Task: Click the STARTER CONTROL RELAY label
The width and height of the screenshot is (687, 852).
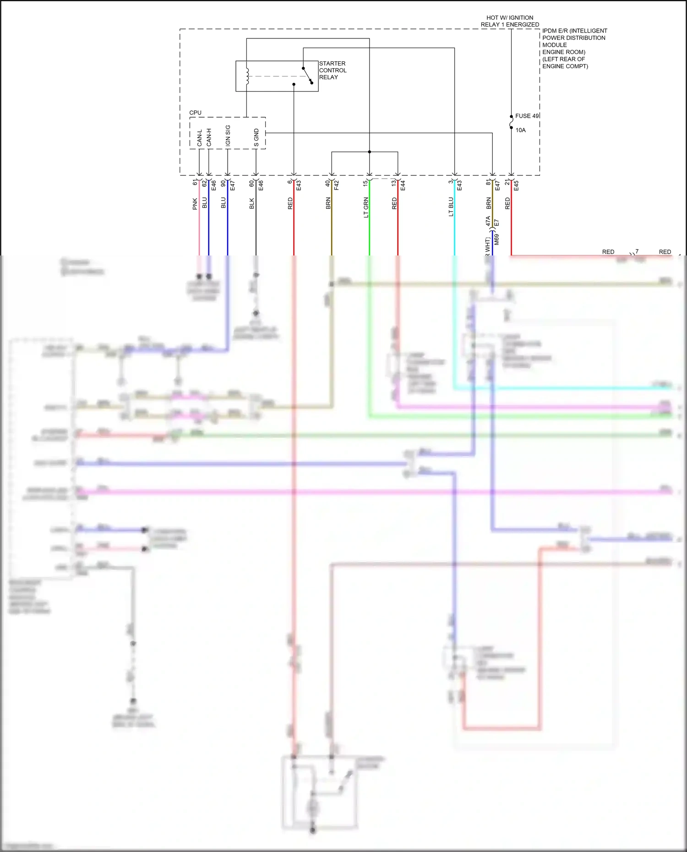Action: (333, 71)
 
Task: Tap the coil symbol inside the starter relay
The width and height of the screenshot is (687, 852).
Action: (247, 76)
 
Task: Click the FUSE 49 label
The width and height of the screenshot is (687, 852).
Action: (527, 116)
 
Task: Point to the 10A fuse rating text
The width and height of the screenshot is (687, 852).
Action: (521, 130)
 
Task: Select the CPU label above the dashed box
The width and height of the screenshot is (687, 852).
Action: (195, 113)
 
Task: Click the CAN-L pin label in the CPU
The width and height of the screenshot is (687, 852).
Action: (200, 138)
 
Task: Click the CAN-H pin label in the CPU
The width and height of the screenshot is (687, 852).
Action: (209, 137)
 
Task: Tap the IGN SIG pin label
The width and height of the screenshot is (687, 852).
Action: (228, 136)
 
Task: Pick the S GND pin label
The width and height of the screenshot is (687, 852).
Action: (256, 138)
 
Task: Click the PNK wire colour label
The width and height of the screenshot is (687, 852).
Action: (195, 204)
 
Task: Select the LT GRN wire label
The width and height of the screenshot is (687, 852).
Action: (366, 207)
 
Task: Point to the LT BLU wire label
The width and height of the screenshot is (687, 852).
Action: (451, 206)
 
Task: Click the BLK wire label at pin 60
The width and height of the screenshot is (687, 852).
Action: (251, 204)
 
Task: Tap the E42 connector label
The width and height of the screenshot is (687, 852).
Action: (337, 185)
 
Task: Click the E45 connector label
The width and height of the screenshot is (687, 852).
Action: (516, 185)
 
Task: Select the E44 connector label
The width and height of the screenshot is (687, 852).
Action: (403, 185)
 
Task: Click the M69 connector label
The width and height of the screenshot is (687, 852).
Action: (496, 239)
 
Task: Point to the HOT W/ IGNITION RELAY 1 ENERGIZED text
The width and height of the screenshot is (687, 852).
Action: (510, 21)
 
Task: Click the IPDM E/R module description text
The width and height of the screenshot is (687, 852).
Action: (574, 48)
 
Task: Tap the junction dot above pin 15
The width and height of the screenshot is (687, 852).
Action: (369, 152)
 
